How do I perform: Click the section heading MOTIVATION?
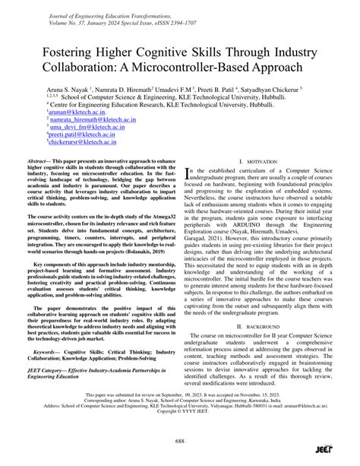[x=254, y=162]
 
